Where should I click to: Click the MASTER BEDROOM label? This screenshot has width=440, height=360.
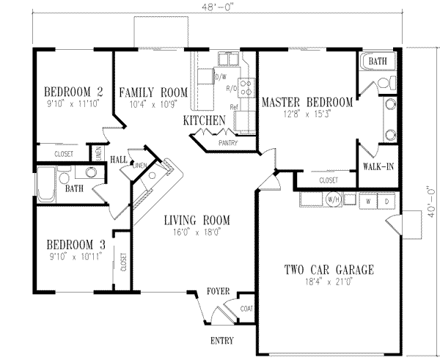[x=307, y=103]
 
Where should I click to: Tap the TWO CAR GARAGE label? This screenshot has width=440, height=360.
[x=329, y=270]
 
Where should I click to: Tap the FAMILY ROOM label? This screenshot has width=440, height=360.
[x=153, y=92]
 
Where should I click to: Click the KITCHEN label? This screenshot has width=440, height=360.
[x=203, y=120]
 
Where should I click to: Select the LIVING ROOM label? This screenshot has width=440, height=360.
[x=197, y=220]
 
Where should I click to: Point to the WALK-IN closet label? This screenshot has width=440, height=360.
[x=378, y=166]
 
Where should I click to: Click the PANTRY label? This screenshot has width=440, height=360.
[x=227, y=144]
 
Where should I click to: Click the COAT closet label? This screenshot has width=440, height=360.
[x=246, y=309]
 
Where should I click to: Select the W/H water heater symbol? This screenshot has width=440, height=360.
[x=331, y=199]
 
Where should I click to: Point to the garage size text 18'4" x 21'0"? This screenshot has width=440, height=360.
[x=329, y=281]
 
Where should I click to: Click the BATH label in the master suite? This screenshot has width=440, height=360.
[x=378, y=61]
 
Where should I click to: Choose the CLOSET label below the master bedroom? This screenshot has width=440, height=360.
[x=328, y=179]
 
